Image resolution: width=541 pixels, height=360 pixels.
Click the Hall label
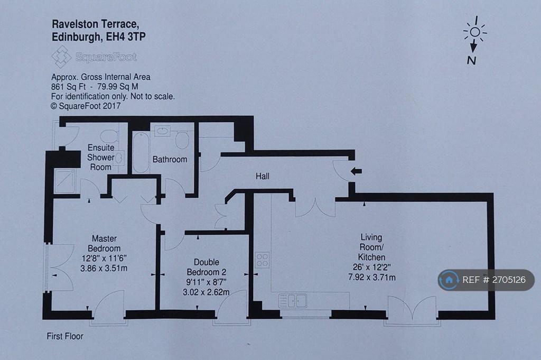[x=262, y=177]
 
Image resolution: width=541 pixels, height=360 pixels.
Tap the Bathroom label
[x=170, y=160]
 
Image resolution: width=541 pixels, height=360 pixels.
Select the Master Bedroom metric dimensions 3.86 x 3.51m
[x=104, y=268]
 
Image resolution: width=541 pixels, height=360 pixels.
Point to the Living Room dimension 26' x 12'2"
[x=371, y=267]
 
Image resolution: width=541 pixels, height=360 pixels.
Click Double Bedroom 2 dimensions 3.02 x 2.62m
[x=206, y=292]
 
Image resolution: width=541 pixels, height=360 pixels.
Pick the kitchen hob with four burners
[x=262, y=260]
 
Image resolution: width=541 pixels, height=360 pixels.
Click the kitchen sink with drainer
[x=292, y=301]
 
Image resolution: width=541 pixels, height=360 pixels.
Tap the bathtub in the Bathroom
[x=141, y=152]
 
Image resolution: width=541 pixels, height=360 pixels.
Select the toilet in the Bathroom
[x=182, y=140]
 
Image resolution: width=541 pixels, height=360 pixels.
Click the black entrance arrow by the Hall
[x=356, y=171]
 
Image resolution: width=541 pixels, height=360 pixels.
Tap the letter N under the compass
[x=472, y=60]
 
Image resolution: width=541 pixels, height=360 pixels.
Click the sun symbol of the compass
[x=475, y=32]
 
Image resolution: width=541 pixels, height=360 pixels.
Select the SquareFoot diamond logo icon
[x=61, y=57]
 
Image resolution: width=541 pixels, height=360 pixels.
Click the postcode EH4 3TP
[x=126, y=36]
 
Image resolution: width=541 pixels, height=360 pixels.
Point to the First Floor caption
[x=65, y=336]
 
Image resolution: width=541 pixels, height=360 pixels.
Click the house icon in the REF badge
[x=449, y=280]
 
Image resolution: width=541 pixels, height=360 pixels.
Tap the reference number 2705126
[x=509, y=280]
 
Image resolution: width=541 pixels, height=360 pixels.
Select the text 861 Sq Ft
[x=68, y=87]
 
